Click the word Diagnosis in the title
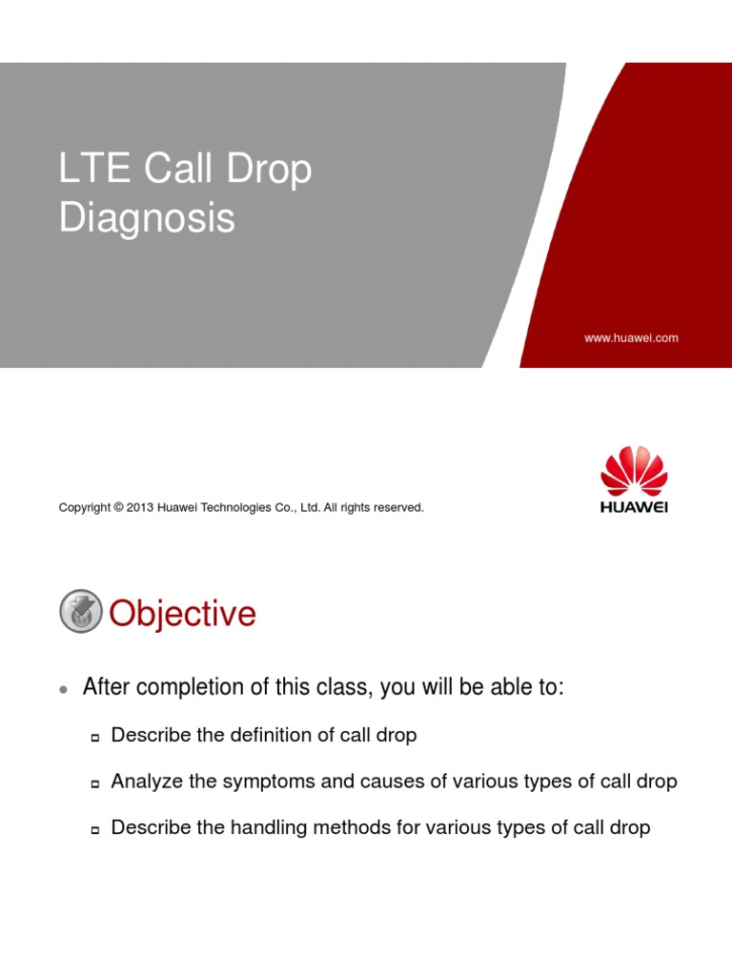(x=147, y=218)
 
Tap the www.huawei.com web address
(x=631, y=337)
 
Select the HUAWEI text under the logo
(x=634, y=507)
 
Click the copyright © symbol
(x=118, y=508)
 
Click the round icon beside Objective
(x=80, y=611)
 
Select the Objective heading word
(x=182, y=614)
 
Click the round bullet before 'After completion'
(x=63, y=689)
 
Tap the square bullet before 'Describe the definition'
(x=95, y=737)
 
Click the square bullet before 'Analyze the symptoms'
(x=95, y=783)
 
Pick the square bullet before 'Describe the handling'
(x=95, y=830)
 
